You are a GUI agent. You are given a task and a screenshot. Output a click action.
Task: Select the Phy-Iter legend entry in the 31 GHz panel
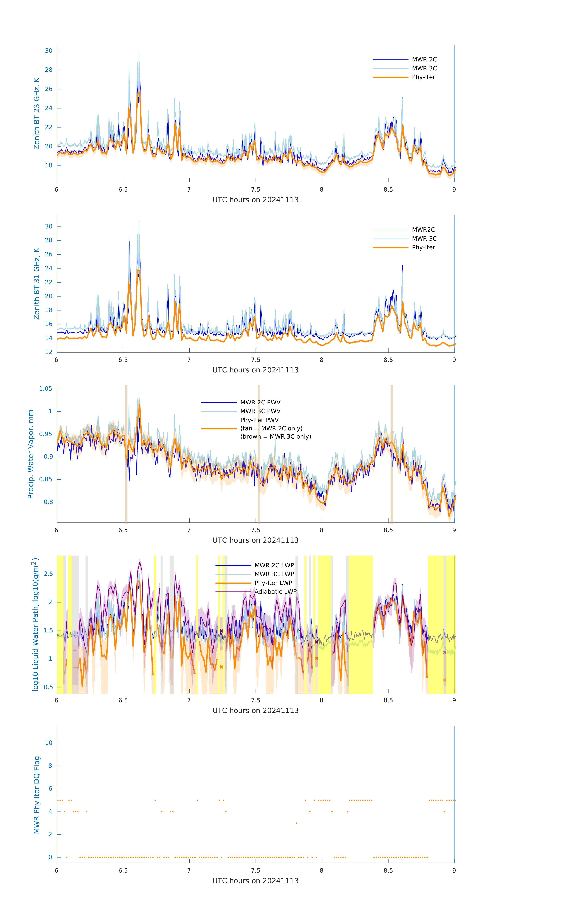click(423, 247)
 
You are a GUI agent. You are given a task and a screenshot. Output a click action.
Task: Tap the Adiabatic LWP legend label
click(275, 592)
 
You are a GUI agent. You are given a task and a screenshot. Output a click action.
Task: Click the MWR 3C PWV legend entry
click(260, 411)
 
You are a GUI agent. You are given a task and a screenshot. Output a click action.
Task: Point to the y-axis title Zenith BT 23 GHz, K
click(37, 113)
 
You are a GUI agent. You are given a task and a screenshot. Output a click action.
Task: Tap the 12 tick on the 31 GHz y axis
click(49, 352)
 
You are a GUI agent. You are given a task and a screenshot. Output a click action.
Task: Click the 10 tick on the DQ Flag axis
click(49, 743)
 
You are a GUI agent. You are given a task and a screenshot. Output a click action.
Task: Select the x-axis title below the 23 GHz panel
click(255, 200)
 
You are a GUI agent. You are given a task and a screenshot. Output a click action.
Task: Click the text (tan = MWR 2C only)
click(271, 428)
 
